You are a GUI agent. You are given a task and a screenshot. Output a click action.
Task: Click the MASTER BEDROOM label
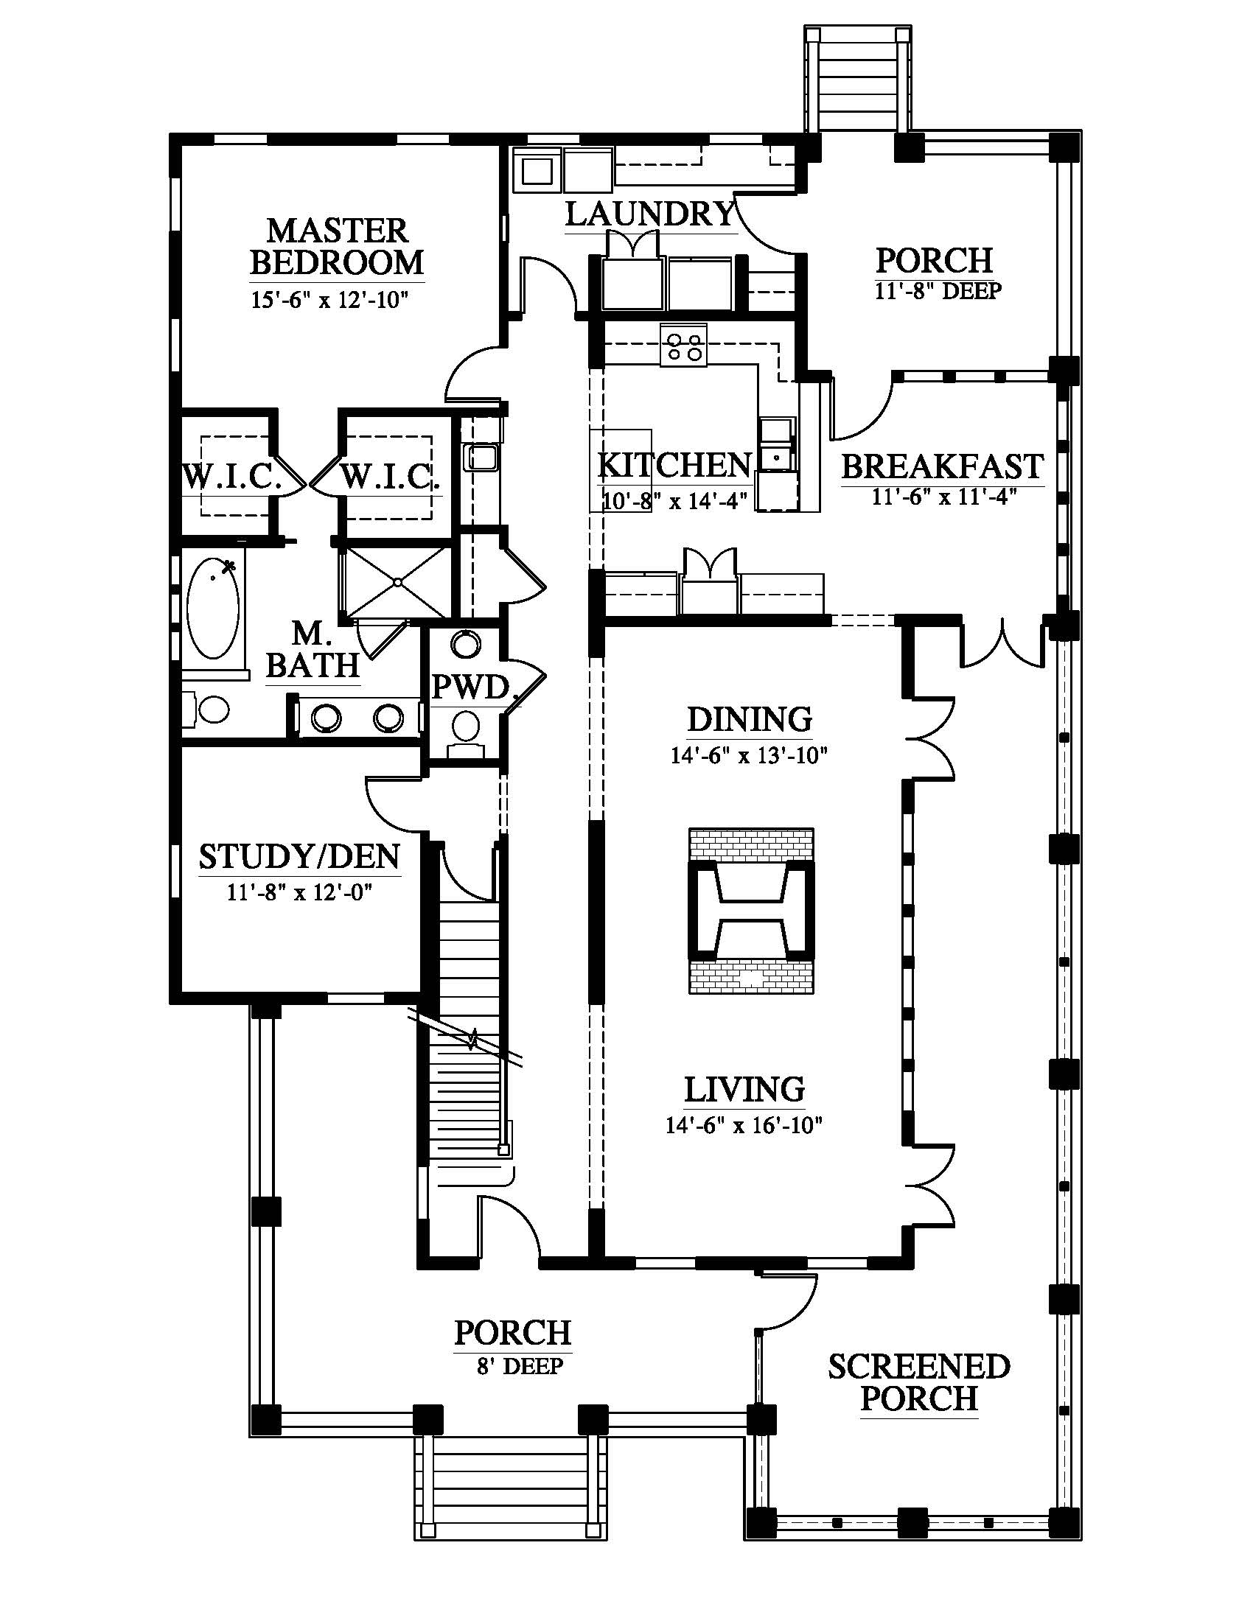click(337, 245)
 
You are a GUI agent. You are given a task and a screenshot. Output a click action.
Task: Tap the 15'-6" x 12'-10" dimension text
click(330, 300)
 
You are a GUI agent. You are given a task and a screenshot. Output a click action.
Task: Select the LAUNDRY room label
click(650, 214)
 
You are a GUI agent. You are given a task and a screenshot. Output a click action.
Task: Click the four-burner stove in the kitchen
click(684, 344)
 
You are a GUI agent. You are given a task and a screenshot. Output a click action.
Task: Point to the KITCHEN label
click(674, 466)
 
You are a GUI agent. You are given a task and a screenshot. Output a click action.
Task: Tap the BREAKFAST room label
click(943, 466)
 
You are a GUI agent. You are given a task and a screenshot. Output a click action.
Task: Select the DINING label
click(750, 719)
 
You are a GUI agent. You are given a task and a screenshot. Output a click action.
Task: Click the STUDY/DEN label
click(299, 856)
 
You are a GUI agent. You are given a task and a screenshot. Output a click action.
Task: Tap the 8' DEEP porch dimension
click(520, 1365)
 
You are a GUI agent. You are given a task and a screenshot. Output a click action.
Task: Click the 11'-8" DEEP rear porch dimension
click(938, 290)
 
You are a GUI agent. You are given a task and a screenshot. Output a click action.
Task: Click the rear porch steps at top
click(858, 80)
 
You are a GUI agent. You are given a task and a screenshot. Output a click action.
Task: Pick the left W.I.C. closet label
click(233, 476)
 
